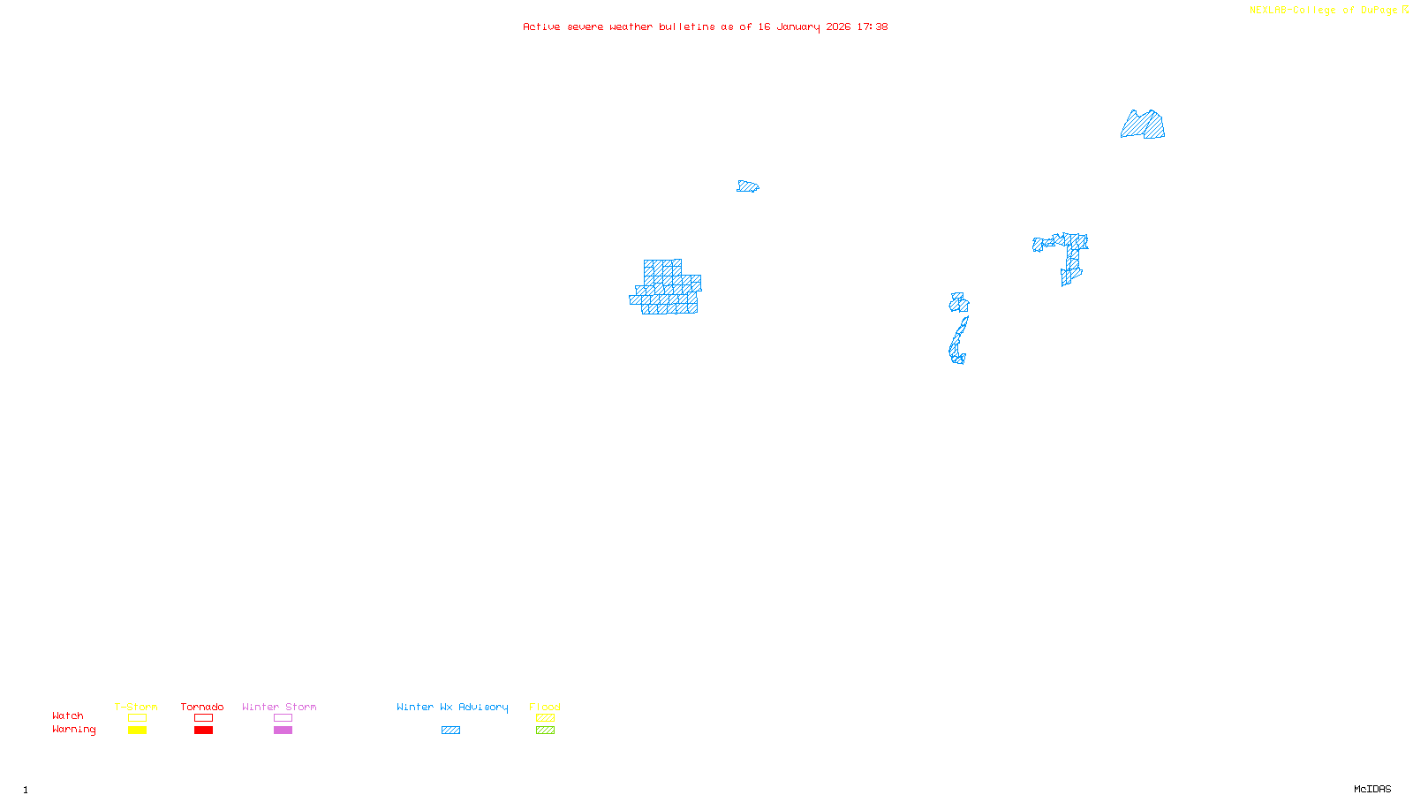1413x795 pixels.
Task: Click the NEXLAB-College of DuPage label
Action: coord(1328,11)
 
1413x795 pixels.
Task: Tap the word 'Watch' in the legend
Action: coord(68,715)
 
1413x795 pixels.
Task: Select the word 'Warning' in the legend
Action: coord(73,730)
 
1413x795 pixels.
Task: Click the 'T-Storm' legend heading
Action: coord(136,707)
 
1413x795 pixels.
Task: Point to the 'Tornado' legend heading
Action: coord(202,707)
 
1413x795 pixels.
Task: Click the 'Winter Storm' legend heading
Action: coord(279,707)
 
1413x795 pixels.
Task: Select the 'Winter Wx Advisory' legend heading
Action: coord(452,707)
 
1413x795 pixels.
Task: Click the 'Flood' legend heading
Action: coord(545,707)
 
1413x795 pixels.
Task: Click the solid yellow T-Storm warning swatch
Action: coord(137,731)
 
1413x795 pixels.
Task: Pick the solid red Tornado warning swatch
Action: coord(203,731)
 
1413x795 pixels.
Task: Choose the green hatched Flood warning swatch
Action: coord(545,731)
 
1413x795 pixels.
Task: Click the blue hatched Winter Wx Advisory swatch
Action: coord(450,731)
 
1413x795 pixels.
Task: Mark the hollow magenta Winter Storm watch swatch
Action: coord(283,718)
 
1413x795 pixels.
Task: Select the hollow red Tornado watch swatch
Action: coord(203,718)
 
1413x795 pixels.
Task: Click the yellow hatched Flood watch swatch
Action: coord(545,718)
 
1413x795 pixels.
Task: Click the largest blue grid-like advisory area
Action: coord(667,290)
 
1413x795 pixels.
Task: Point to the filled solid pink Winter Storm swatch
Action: coord(283,731)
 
